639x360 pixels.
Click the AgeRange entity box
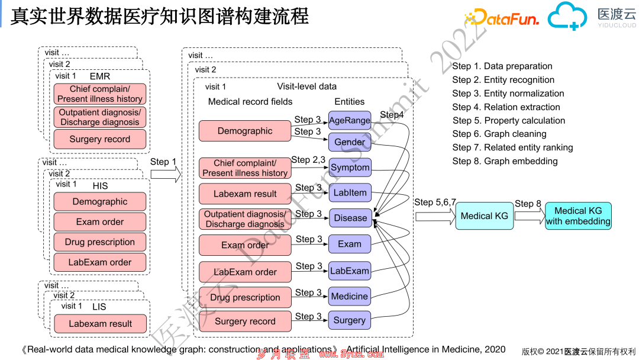[350, 120]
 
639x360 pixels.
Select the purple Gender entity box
[350, 142]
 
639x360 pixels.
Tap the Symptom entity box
[350, 168]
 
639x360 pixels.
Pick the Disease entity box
[350, 218]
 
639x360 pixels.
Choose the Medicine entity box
[350, 297]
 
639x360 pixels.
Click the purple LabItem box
[350, 193]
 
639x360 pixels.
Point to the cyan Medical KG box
[484, 216]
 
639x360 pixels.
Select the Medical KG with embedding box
[578, 216]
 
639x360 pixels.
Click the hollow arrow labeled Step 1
[166, 175]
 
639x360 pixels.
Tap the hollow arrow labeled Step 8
[530, 216]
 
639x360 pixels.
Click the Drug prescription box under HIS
[100, 242]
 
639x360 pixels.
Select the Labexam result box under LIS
[100, 324]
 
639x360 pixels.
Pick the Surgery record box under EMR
[100, 139]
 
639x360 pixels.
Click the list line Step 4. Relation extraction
[506, 107]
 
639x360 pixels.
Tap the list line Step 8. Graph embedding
[505, 161]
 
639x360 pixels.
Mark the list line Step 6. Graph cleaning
[499, 134]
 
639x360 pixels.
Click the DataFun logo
[502, 18]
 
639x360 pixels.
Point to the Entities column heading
[350, 101]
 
